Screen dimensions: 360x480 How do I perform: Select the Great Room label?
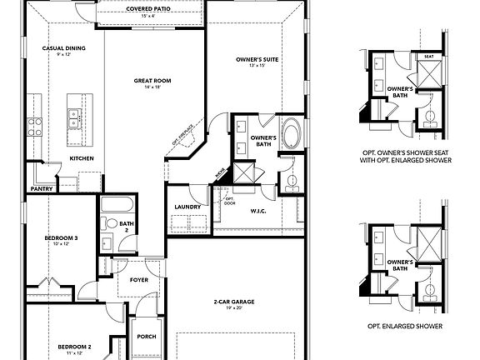(x=152, y=81)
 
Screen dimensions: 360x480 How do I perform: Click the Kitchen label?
(x=81, y=157)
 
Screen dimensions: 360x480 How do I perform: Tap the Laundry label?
(x=187, y=207)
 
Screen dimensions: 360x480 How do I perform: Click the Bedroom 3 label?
(x=61, y=238)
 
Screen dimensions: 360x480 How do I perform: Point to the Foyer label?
(x=139, y=280)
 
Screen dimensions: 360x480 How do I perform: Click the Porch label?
(x=146, y=337)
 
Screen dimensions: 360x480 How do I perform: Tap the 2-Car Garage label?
(x=232, y=301)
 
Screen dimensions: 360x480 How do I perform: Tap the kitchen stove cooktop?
(x=36, y=126)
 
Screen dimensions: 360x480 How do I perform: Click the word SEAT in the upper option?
(x=429, y=57)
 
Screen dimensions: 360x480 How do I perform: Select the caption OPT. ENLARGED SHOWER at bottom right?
(x=408, y=326)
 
